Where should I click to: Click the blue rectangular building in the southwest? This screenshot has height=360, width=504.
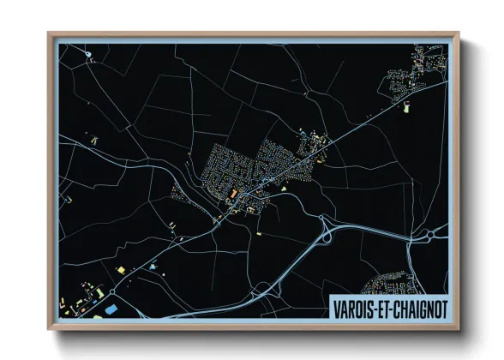[111, 307]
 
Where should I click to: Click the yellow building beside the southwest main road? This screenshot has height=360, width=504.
[120, 271]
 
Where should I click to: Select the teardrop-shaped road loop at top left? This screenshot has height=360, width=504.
[89, 56]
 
